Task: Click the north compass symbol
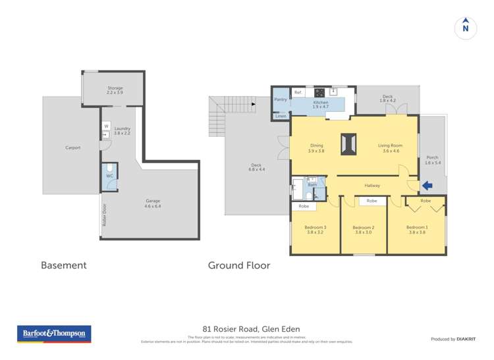466,28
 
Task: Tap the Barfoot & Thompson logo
54,334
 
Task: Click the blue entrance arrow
427,186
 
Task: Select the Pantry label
280,99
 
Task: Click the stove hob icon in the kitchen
319,93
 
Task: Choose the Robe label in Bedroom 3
304,207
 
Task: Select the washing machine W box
105,126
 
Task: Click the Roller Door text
104,215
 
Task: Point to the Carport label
72,147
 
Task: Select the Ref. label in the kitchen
298,93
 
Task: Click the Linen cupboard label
281,116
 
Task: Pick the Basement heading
64,266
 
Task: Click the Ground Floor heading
239,266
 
